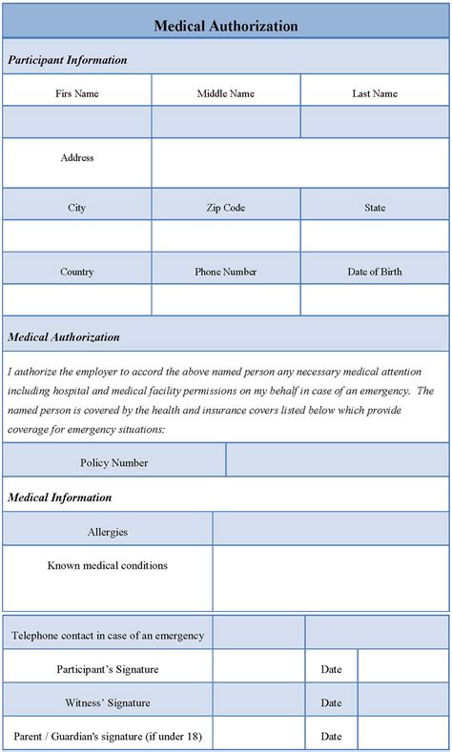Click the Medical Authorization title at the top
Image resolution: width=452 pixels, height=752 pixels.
click(x=226, y=27)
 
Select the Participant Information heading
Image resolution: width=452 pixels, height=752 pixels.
click(x=68, y=60)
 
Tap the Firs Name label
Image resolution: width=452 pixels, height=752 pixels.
click(x=77, y=93)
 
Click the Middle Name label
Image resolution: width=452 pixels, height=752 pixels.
click(x=226, y=93)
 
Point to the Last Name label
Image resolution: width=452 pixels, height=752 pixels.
click(x=375, y=93)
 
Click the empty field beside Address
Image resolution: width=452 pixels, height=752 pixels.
click(x=299, y=163)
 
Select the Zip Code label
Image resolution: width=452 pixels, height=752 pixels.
click(x=226, y=207)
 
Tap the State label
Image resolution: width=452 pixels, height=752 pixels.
click(x=375, y=207)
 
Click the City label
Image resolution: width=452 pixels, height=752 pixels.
click(x=77, y=207)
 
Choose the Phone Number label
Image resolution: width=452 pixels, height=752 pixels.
click(x=226, y=272)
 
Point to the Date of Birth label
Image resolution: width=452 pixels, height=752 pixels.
click(x=375, y=272)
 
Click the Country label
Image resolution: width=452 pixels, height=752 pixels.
click(x=77, y=272)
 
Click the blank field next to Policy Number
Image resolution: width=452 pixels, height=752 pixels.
click(x=337, y=461)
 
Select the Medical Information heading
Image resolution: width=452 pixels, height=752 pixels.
click(x=60, y=498)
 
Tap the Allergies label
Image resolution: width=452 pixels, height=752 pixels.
click(x=107, y=532)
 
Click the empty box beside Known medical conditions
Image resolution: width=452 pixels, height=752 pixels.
click(x=330, y=578)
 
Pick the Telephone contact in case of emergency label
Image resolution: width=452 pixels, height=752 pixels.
click(x=107, y=634)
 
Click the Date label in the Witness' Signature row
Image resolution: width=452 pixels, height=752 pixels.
click(x=331, y=702)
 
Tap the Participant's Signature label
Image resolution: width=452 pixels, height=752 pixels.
click(x=107, y=669)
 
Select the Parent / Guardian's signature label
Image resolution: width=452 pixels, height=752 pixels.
click(x=107, y=736)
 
